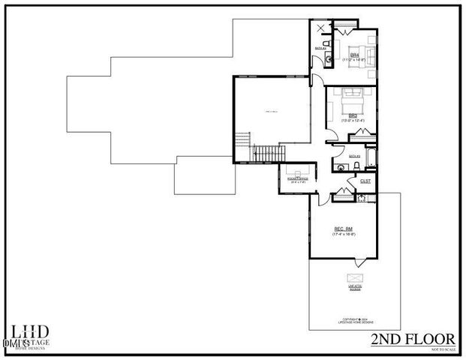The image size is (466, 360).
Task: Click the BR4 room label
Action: [x=355, y=55]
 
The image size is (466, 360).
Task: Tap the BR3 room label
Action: [x=352, y=115]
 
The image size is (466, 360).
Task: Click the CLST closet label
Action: [x=365, y=181]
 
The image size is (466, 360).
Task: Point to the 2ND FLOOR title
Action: [x=413, y=340]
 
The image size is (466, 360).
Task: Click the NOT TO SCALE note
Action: [x=443, y=349]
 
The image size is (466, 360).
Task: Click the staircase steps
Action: [x=266, y=154]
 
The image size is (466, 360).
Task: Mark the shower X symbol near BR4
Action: [x=323, y=28]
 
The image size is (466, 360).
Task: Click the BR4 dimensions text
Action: [x=355, y=61]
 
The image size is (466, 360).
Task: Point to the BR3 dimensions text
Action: [x=352, y=121]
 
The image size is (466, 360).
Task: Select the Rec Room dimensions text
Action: [x=343, y=235]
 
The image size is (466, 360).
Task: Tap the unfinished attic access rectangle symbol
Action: [x=350, y=277]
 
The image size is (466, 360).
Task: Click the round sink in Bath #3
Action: [x=361, y=198]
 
